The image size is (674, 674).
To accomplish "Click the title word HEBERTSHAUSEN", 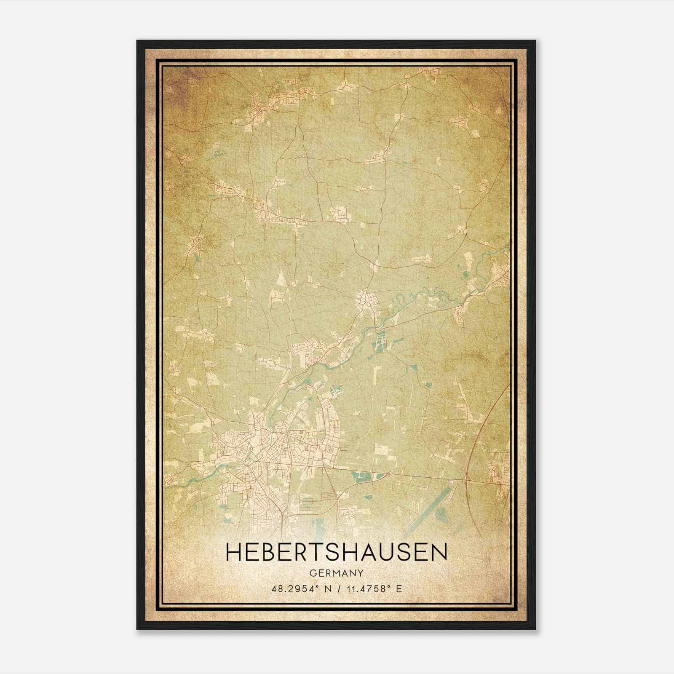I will tap(337, 552).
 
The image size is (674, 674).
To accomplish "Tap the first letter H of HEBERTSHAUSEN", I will tap(233, 552).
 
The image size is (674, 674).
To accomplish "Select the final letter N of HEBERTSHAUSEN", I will tap(440, 552).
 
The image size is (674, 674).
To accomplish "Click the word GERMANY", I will tap(337, 573).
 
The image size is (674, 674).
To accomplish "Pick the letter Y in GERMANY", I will tap(361, 573).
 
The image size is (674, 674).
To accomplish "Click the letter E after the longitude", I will tap(399, 588).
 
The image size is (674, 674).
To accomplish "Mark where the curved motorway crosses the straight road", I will tap(466, 479).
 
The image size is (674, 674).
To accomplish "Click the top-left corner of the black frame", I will tap(137, 41).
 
